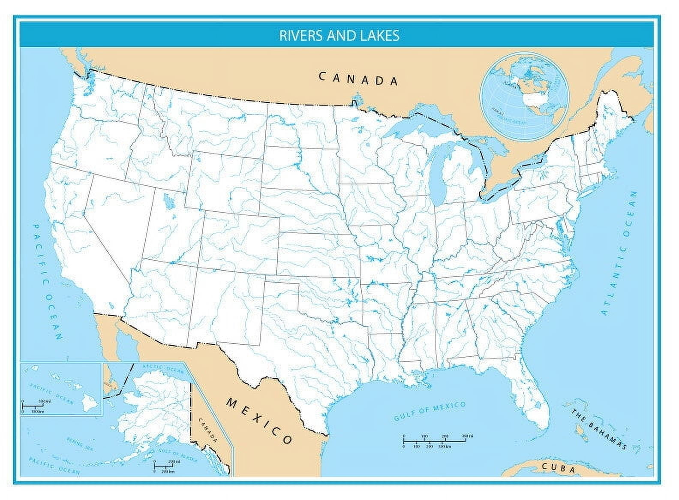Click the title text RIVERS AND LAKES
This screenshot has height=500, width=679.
[339, 35]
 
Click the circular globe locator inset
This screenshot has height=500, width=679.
[525, 95]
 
